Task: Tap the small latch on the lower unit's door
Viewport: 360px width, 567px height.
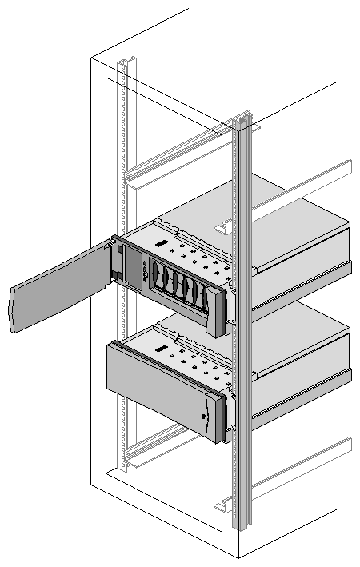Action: [206, 417]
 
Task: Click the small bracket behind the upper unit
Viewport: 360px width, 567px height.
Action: [226, 228]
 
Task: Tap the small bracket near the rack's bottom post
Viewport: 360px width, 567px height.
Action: [223, 506]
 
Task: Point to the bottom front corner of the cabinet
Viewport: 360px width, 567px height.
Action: [238, 556]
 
